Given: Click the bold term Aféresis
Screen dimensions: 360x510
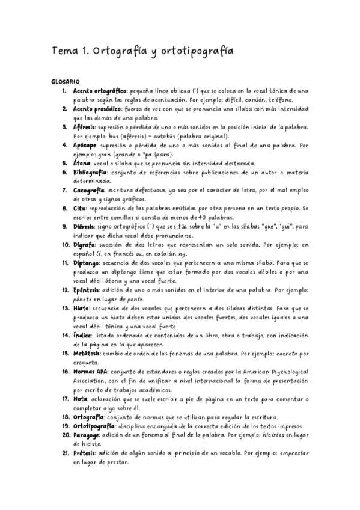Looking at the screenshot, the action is pos(85,127).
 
